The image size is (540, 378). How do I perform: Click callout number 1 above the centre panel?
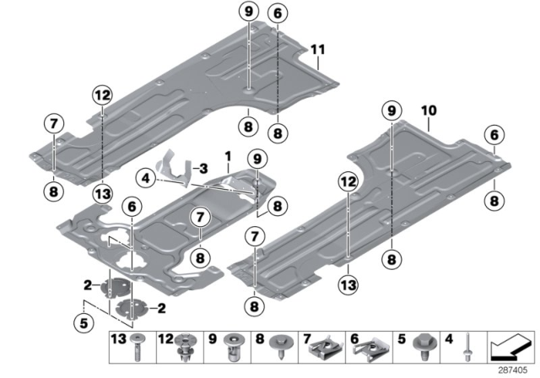coord(228,157)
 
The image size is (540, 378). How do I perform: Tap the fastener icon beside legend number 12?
coord(184,344)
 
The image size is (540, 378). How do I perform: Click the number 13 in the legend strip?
coord(117,339)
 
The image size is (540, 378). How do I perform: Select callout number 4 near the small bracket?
coord(146,178)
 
